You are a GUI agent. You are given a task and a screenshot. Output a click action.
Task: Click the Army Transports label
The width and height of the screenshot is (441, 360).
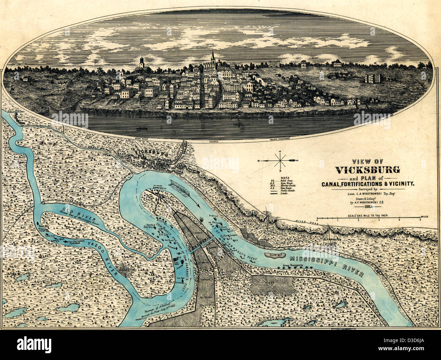292,265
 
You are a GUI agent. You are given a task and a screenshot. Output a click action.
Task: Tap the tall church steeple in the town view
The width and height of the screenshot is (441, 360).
213,57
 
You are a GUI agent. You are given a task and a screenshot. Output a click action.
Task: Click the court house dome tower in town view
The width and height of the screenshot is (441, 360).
141,62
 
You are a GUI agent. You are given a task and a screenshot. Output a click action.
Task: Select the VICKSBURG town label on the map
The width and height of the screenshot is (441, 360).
151,153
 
